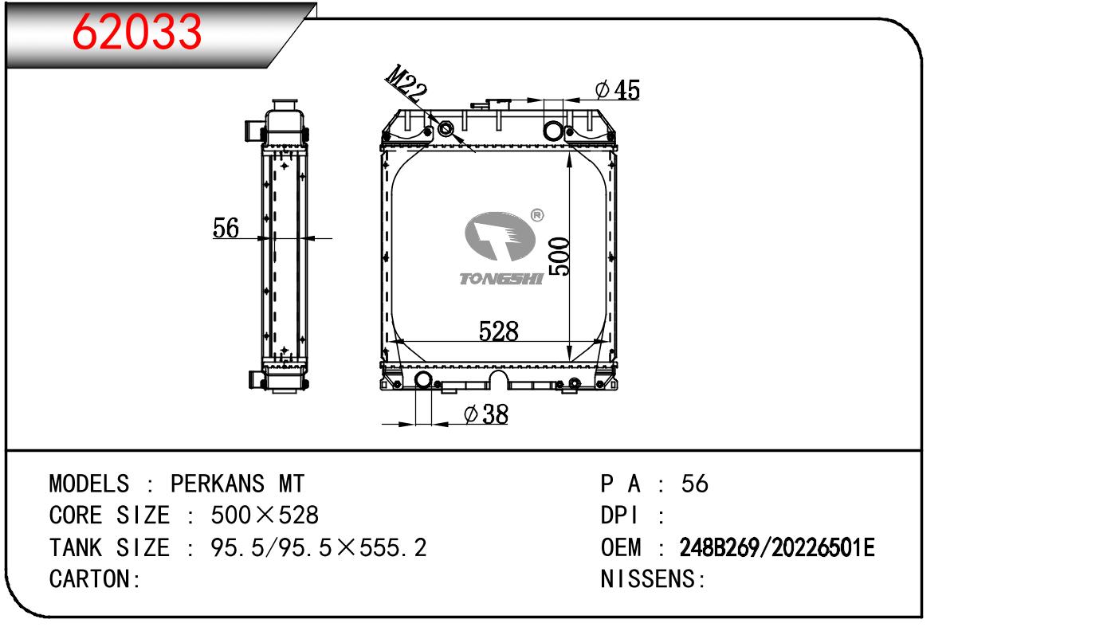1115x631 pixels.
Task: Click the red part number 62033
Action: pos(137,32)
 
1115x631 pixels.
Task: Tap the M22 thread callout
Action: pos(406,82)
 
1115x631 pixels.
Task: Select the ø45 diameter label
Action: pos(617,90)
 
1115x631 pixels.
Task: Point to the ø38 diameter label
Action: pos(486,414)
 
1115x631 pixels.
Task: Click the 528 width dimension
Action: pos(498,331)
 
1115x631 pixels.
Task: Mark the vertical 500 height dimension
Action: pos(559,257)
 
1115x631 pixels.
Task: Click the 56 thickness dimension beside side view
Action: pos(226,228)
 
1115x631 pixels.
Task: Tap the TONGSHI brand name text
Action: pos(501,279)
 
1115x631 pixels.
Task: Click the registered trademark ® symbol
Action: pos(537,215)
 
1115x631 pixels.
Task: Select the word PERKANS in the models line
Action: pos(218,484)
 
